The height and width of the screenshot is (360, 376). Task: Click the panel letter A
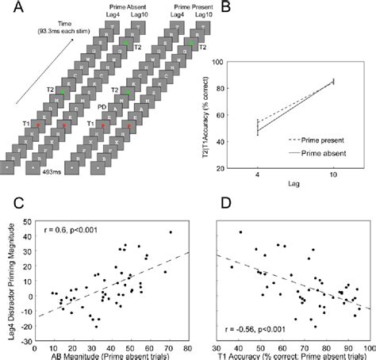click(x=8, y=9)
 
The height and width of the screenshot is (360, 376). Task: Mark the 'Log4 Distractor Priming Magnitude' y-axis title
click(x=7, y=282)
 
